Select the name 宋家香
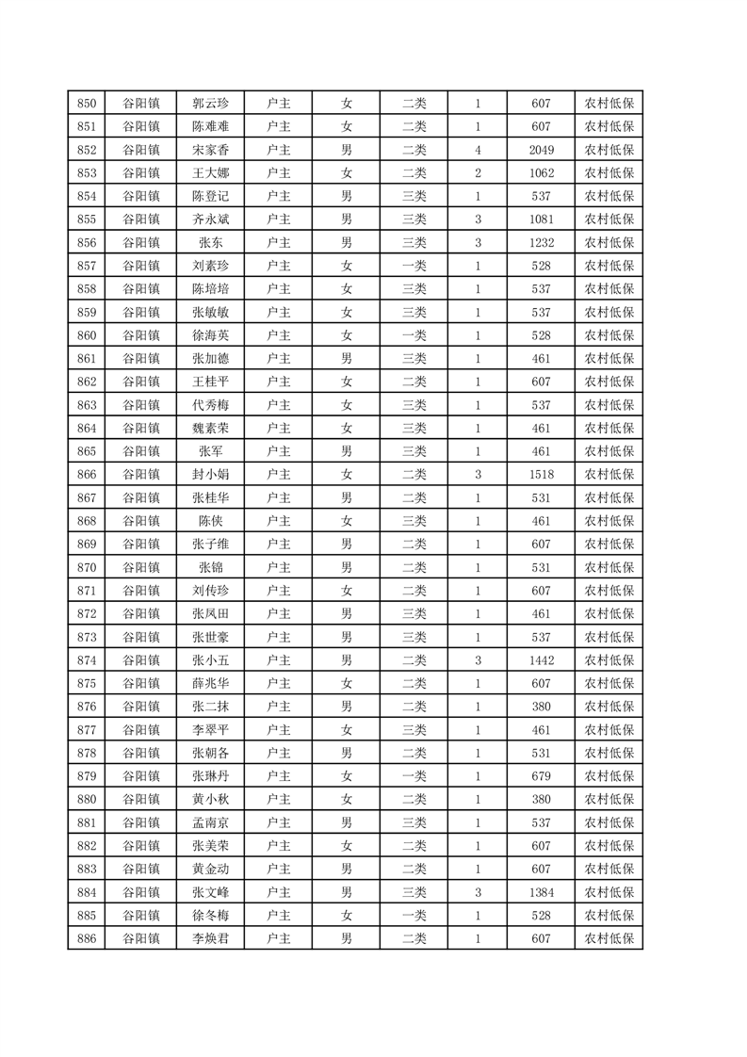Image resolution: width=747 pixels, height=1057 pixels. point(211,150)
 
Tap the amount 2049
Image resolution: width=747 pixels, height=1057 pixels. point(541,150)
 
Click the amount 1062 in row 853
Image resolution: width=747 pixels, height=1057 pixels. point(541,173)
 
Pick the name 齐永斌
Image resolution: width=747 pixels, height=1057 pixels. point(211,220)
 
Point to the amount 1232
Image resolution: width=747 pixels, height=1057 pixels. point(541,242)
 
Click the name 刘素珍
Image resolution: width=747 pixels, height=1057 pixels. point(211,266)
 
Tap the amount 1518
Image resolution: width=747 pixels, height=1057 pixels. point(541,474)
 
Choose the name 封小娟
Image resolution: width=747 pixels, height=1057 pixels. point(211,474)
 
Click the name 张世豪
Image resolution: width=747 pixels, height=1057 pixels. point(211,636)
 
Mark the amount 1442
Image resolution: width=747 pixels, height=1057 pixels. point(541,659)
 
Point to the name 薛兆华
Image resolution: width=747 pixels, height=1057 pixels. point(211,683)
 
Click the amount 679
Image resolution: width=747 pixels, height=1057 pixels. point(541,775)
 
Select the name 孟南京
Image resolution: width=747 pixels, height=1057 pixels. point(211,821)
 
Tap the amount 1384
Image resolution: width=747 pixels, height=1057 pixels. point(541,891)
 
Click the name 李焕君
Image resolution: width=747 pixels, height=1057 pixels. point(211,937)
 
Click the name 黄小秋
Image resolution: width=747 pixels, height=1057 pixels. point(211,799)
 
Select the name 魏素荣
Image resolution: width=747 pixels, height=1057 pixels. point(211,428)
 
